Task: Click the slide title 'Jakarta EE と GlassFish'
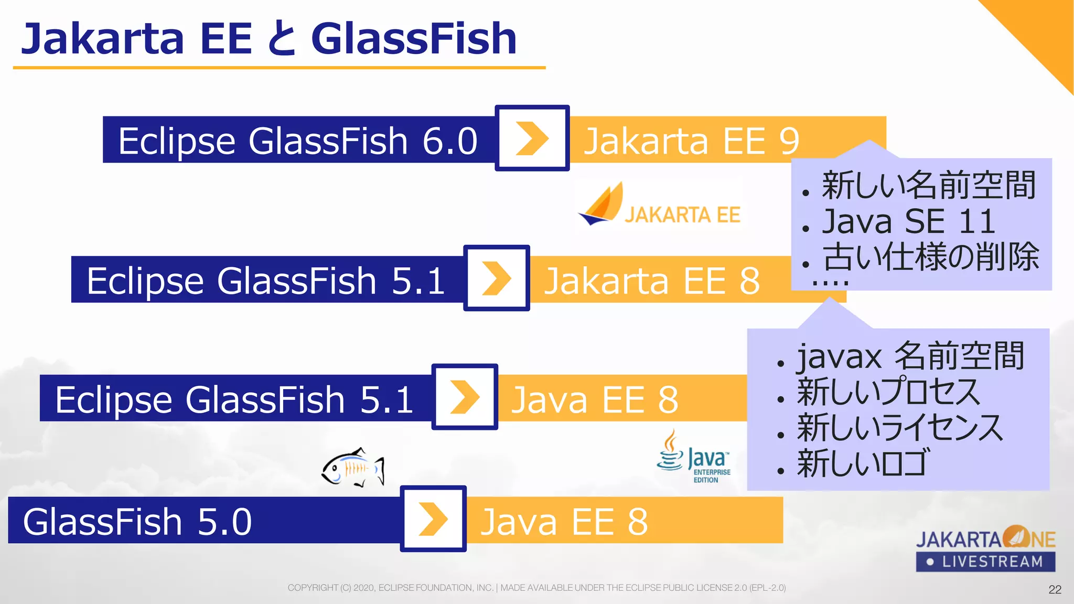(268, 39)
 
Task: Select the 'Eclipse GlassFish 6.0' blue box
(298, 140)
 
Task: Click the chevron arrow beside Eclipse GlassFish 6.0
(532, 138)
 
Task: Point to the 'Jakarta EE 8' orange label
(652, 280)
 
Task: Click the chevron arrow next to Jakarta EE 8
(496, 278)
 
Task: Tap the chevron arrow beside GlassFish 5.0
(433, 519)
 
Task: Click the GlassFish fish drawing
(353, 467)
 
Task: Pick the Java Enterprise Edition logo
(694, 457)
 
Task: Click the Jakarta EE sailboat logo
(660, 206)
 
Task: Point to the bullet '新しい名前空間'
(928, 185)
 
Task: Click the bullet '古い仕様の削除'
(930, 257)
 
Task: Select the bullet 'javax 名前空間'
(910, 356)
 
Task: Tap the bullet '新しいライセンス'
(899, 427)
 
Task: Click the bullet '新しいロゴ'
(863, 463)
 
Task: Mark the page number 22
(1055, 589)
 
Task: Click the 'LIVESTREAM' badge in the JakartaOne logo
(985, 562)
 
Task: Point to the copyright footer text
(536, 588)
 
